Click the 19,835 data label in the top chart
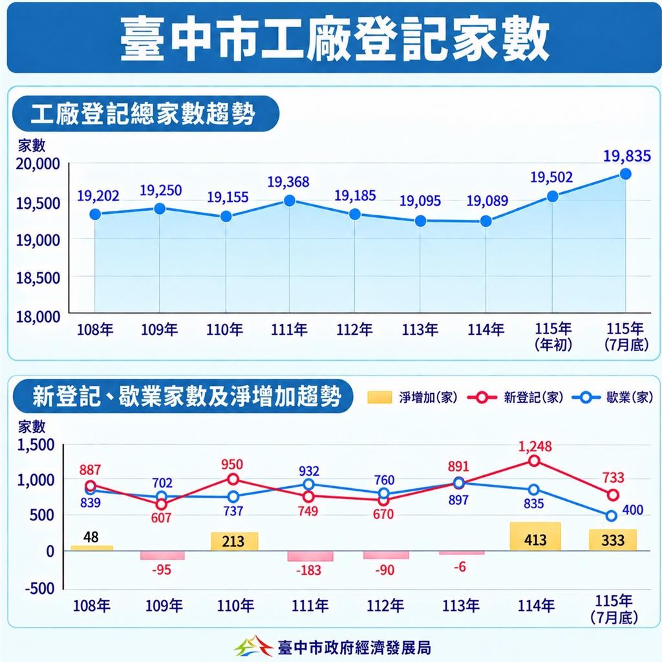(x=626, y=156)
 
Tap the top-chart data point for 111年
(x=290, y=200)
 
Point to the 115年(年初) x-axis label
(x=553, y=336)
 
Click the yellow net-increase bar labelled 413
(x=535, y=536)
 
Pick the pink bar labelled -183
(x=310, y=556)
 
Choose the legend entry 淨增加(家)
(x=412, y=398)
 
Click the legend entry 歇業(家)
(x=613, y=398)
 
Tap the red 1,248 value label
(x=535, y=446)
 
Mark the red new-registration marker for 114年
(x=534, y=460)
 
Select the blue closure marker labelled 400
(x=612, y=515)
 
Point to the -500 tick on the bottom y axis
(x=39, y=588)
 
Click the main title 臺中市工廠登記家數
(x=334, y=39)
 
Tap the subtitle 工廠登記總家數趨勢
(x=143, y=114)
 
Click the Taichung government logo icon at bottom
(x=253, y=646)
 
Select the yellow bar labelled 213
(x=234, y=541)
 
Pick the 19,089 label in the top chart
(x=487, y=201)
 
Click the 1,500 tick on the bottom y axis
(x=36, y=445)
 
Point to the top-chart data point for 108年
(x=96, y=215)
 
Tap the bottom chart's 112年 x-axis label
(x=385, y=606)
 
